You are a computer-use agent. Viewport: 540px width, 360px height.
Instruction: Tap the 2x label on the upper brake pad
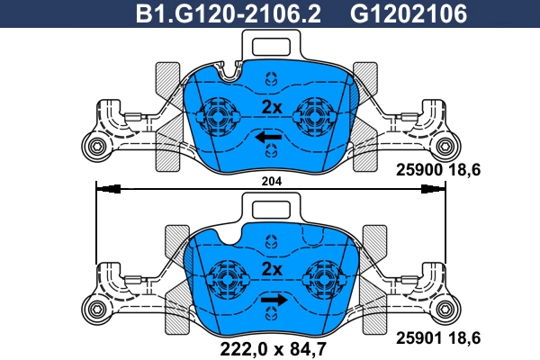pyautogui.click(x=271, y=107)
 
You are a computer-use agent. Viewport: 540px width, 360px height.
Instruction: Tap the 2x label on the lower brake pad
pyautogui.click(x=271, y=269)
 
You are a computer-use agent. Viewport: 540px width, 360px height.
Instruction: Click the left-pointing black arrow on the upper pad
pyautogui.click(x=266, y=137)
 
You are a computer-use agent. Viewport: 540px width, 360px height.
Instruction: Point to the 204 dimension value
pyautogui.click(x=271, y=181)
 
